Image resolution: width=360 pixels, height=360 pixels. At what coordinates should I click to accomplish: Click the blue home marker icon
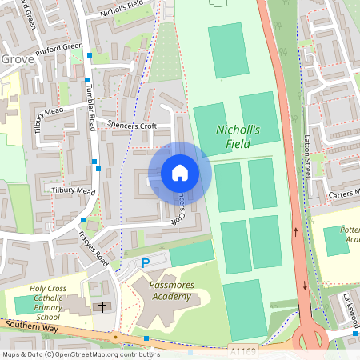(x=180, y=172)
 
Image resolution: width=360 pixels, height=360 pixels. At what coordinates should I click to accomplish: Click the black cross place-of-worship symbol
(x=102, y=306)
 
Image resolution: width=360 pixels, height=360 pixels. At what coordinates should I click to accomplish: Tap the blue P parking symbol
(x=146, y=263)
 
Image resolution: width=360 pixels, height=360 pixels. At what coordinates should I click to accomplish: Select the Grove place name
(x=18, y=59)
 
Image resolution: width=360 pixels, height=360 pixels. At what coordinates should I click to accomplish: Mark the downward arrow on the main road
(x=305, y=285)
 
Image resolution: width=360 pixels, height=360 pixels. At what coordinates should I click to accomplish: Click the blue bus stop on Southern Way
(x=146, y=339)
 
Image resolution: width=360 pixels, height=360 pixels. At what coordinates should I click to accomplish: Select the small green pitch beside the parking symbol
(x=192, y=254)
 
